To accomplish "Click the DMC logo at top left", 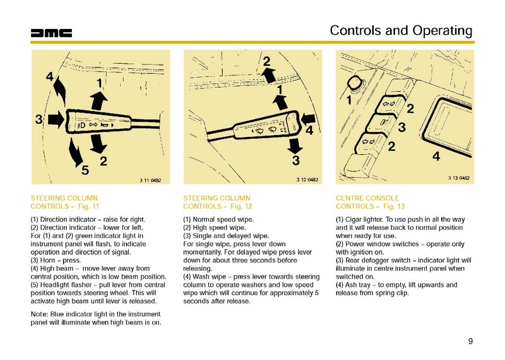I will tap(52, 33).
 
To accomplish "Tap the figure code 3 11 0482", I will tap(150, 181).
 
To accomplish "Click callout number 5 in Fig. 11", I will tap(85, 169).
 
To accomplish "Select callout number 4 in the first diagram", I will tap(49, 77).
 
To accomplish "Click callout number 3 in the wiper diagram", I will tap(295, 160).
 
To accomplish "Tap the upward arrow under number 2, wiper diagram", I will tap(268, 76).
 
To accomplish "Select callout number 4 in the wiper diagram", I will tap(309, 131).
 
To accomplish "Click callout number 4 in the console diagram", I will tap(436, 156).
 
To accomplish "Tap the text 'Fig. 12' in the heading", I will tap(240, 207).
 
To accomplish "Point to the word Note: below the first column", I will tap(40, 314).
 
